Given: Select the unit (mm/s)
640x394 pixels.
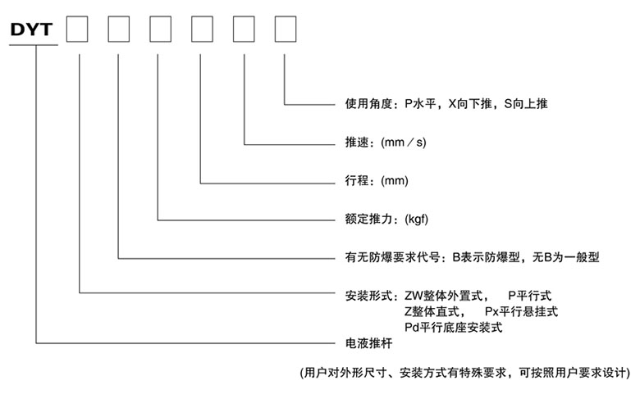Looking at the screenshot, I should (x=404, y=143).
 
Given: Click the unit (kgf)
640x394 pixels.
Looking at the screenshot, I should (x=413, y=220).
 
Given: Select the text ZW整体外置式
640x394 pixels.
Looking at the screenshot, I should (x=446, y=295).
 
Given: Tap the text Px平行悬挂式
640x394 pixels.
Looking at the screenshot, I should (x=522, y=311).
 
